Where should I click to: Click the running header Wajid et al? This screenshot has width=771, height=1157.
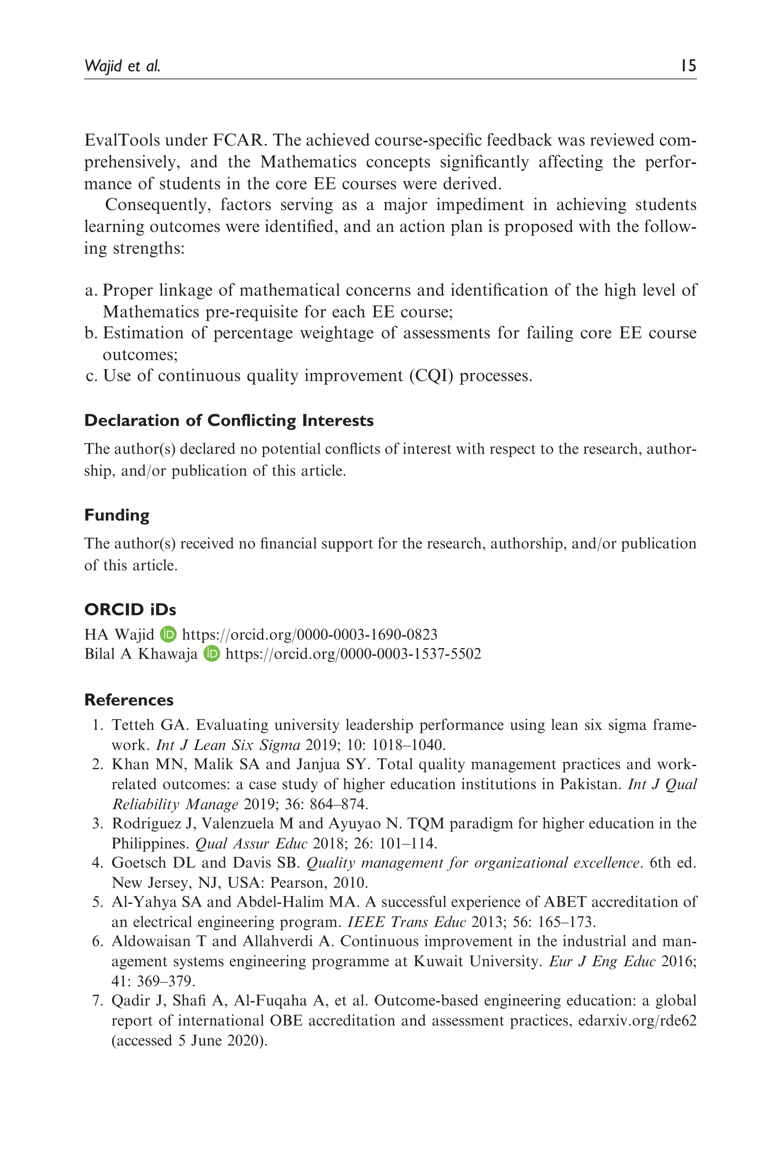122,66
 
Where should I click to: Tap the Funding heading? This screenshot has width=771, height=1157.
117,515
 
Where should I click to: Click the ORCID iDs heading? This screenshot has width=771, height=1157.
130,609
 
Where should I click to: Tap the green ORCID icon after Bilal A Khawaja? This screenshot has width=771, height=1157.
212,654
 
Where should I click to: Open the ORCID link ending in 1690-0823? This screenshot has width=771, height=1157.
310,635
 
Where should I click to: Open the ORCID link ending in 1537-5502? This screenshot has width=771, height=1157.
353,654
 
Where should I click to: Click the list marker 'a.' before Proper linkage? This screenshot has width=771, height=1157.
91,290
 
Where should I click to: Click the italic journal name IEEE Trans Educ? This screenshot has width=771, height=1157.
406,922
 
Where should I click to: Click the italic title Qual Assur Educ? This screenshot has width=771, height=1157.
251,844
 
